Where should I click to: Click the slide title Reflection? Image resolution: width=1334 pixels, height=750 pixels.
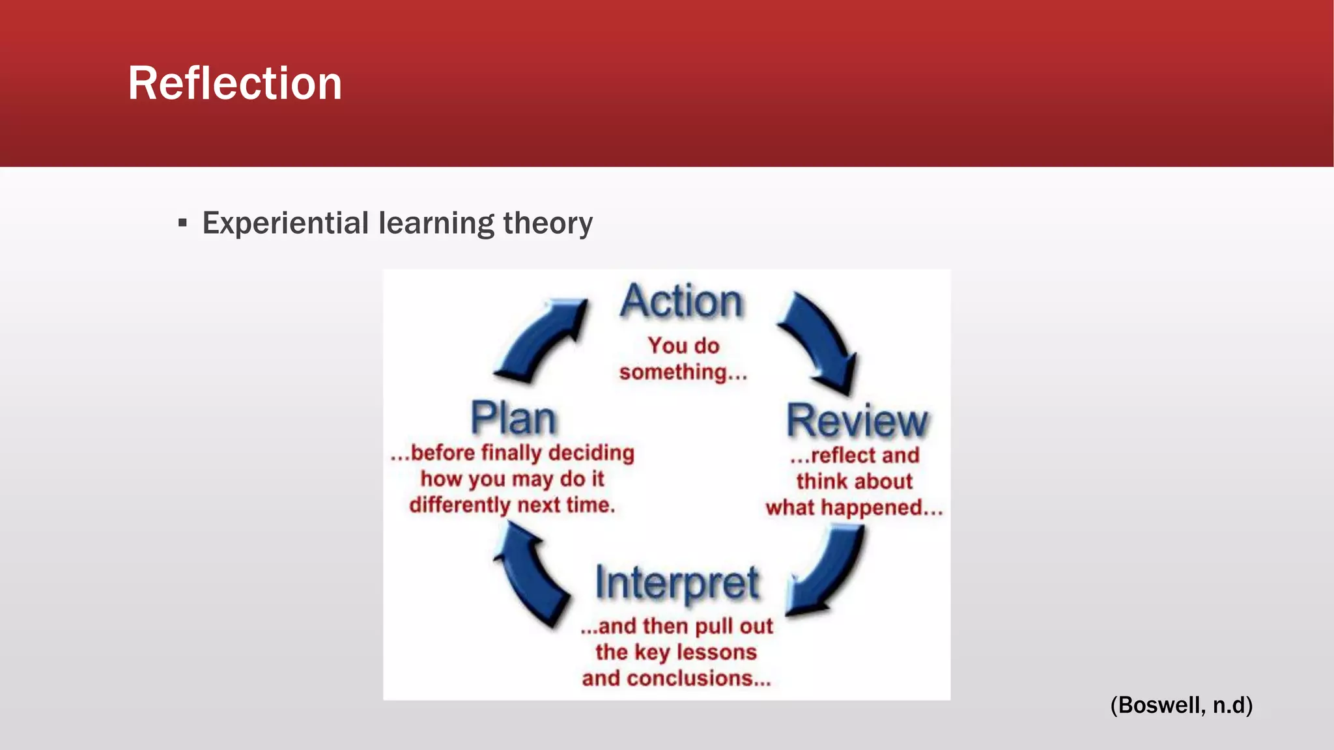click(234, 83)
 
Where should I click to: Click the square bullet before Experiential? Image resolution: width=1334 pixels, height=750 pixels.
click(182, 224)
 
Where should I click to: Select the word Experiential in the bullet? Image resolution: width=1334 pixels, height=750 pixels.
click(285, 223)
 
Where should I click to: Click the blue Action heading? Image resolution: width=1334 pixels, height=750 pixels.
click(681, 302)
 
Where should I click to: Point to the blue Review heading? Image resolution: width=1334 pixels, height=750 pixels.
click(857, 421)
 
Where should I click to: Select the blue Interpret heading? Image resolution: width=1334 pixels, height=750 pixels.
click(677, 583)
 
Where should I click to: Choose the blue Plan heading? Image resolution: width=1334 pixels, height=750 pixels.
click(513, 419)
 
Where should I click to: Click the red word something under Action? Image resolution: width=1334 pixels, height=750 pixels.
click(673, 372)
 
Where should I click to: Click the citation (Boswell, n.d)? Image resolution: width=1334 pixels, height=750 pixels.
click(1181, 705)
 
